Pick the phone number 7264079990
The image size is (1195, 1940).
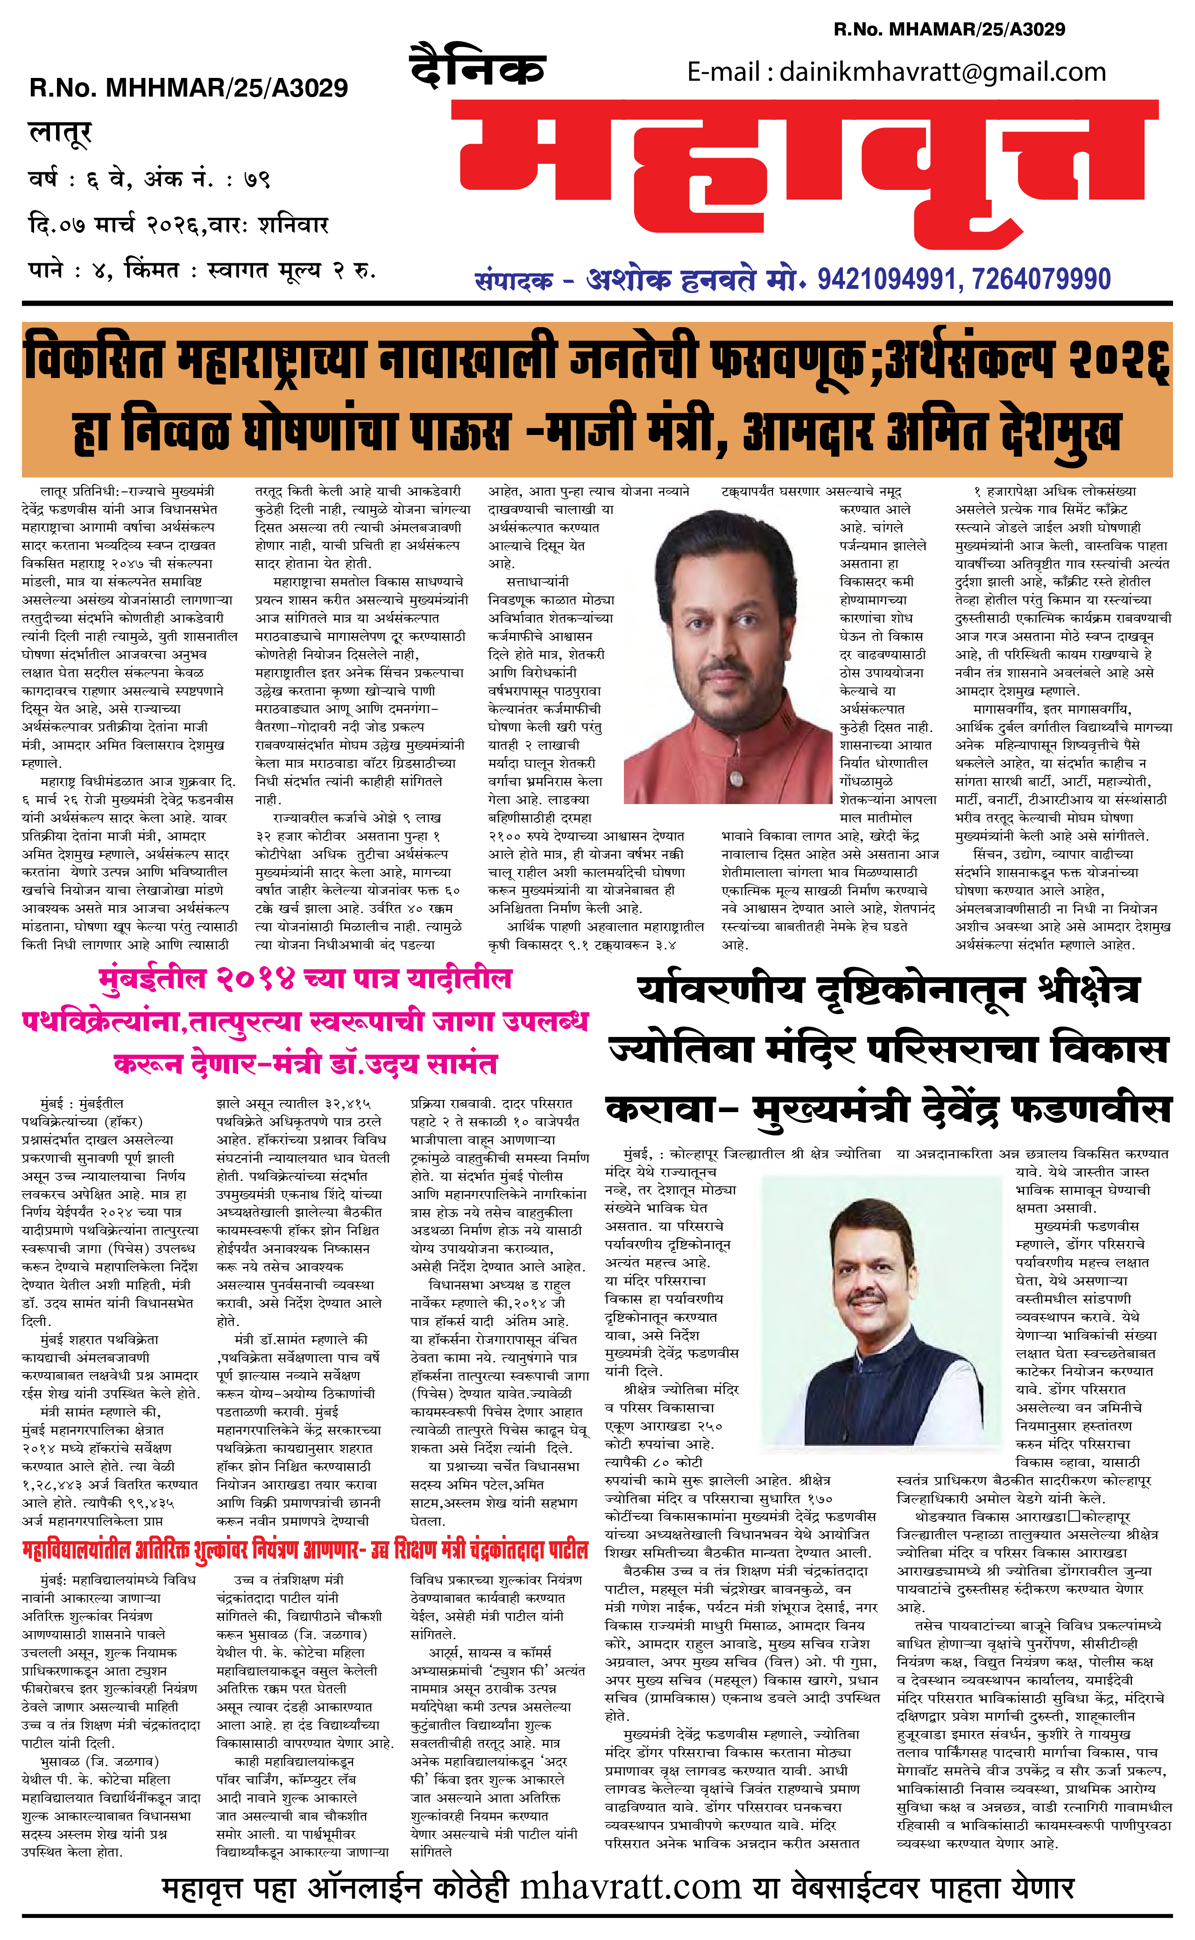pos(1042,279)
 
